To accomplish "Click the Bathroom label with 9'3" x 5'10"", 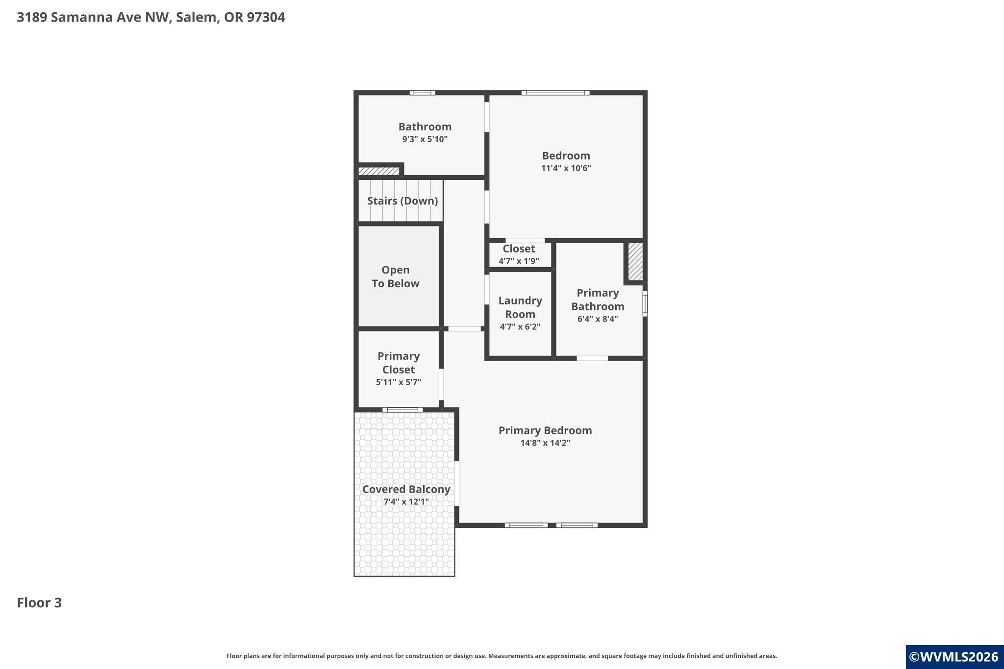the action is [425, 126].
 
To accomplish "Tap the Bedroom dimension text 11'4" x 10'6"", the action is [566, 168].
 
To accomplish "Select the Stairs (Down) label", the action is [402, 200].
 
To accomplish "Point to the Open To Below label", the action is [396, 276].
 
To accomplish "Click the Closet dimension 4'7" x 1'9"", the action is [519, 261].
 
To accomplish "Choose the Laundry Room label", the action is [520, 307].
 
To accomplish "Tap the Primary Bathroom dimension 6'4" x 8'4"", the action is [598, 319].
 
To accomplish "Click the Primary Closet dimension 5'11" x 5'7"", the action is [399, 382].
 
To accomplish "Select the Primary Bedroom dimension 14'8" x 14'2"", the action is [545, 443].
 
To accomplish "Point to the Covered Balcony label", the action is [406, 489].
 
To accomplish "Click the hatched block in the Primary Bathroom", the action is [635, 262].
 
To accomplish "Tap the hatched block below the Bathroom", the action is [378, 171].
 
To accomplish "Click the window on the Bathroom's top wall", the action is [423, 93].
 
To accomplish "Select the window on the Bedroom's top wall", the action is [555, 93].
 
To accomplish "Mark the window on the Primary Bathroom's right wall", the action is [645, 304].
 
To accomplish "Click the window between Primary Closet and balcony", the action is [402, 410].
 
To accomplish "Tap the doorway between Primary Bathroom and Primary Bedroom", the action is [592, 358].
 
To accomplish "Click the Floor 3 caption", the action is [39, 602].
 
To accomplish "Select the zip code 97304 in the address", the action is [266, 17].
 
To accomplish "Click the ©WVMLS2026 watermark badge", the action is [954, 657].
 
